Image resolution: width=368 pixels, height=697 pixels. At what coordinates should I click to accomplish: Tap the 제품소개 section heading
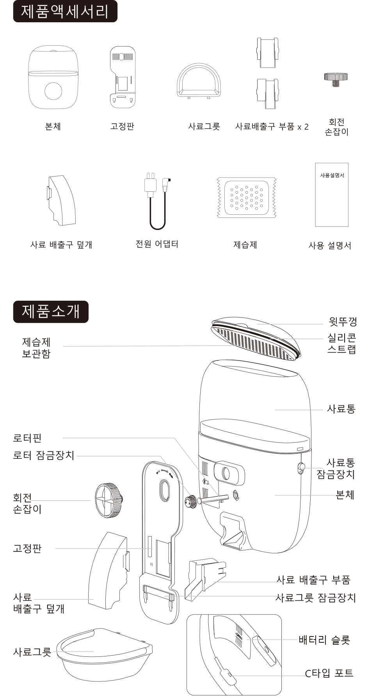[51, 312]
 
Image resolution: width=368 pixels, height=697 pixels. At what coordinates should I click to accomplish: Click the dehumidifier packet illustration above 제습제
[246, 197]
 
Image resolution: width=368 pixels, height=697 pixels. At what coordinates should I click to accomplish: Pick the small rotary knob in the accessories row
[336, 78]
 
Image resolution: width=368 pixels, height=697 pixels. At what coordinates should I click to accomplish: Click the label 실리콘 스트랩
[341, 343]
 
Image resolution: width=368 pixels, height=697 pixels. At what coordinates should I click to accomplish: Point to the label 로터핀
[27, 438]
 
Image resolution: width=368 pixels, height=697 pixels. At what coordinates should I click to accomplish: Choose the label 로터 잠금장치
[43, 455]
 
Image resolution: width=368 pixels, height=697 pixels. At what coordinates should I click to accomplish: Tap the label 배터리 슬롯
[324, 640]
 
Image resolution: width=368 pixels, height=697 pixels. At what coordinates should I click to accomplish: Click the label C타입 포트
[329, 673]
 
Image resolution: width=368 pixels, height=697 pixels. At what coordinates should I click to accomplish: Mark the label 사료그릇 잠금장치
[316, 597]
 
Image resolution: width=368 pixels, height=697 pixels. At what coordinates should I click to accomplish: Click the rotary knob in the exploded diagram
[108, 500]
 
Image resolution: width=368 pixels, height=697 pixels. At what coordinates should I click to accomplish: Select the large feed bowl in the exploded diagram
[104, 654]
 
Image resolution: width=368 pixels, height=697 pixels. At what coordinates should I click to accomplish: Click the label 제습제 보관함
[36, 348]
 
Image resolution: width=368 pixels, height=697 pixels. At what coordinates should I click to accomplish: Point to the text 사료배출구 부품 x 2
[272, 127]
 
